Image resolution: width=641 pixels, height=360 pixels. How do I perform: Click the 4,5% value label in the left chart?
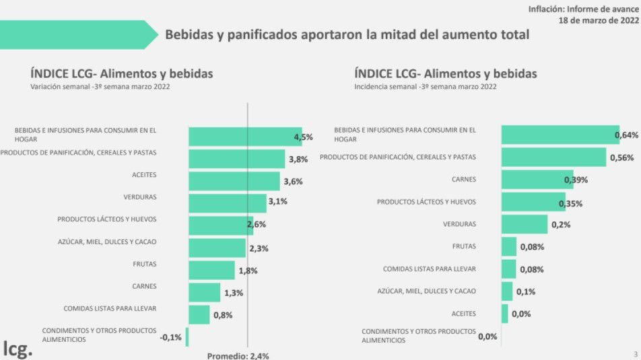coord(304,137)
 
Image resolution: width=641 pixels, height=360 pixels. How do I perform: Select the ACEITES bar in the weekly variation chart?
coord(234,181)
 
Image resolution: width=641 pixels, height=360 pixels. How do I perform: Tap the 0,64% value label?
coord(626,136)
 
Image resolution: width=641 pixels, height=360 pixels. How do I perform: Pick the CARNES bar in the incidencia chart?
coord(537,180)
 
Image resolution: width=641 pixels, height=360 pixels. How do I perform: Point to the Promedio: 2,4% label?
coord(238,356)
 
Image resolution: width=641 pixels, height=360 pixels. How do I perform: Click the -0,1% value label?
coord(171,337)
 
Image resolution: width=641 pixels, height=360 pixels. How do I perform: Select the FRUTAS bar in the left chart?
coord(211,270)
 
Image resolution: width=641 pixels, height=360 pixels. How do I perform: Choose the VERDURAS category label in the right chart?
coord(459,224)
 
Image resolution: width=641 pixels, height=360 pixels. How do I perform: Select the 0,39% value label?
coord(576,180)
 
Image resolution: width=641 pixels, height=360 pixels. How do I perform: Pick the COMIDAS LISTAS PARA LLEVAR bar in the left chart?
coord(199,314)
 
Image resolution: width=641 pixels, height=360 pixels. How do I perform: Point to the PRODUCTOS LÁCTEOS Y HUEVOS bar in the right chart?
coord(533,202)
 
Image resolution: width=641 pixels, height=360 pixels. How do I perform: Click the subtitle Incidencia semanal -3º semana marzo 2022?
coord(426,87)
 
